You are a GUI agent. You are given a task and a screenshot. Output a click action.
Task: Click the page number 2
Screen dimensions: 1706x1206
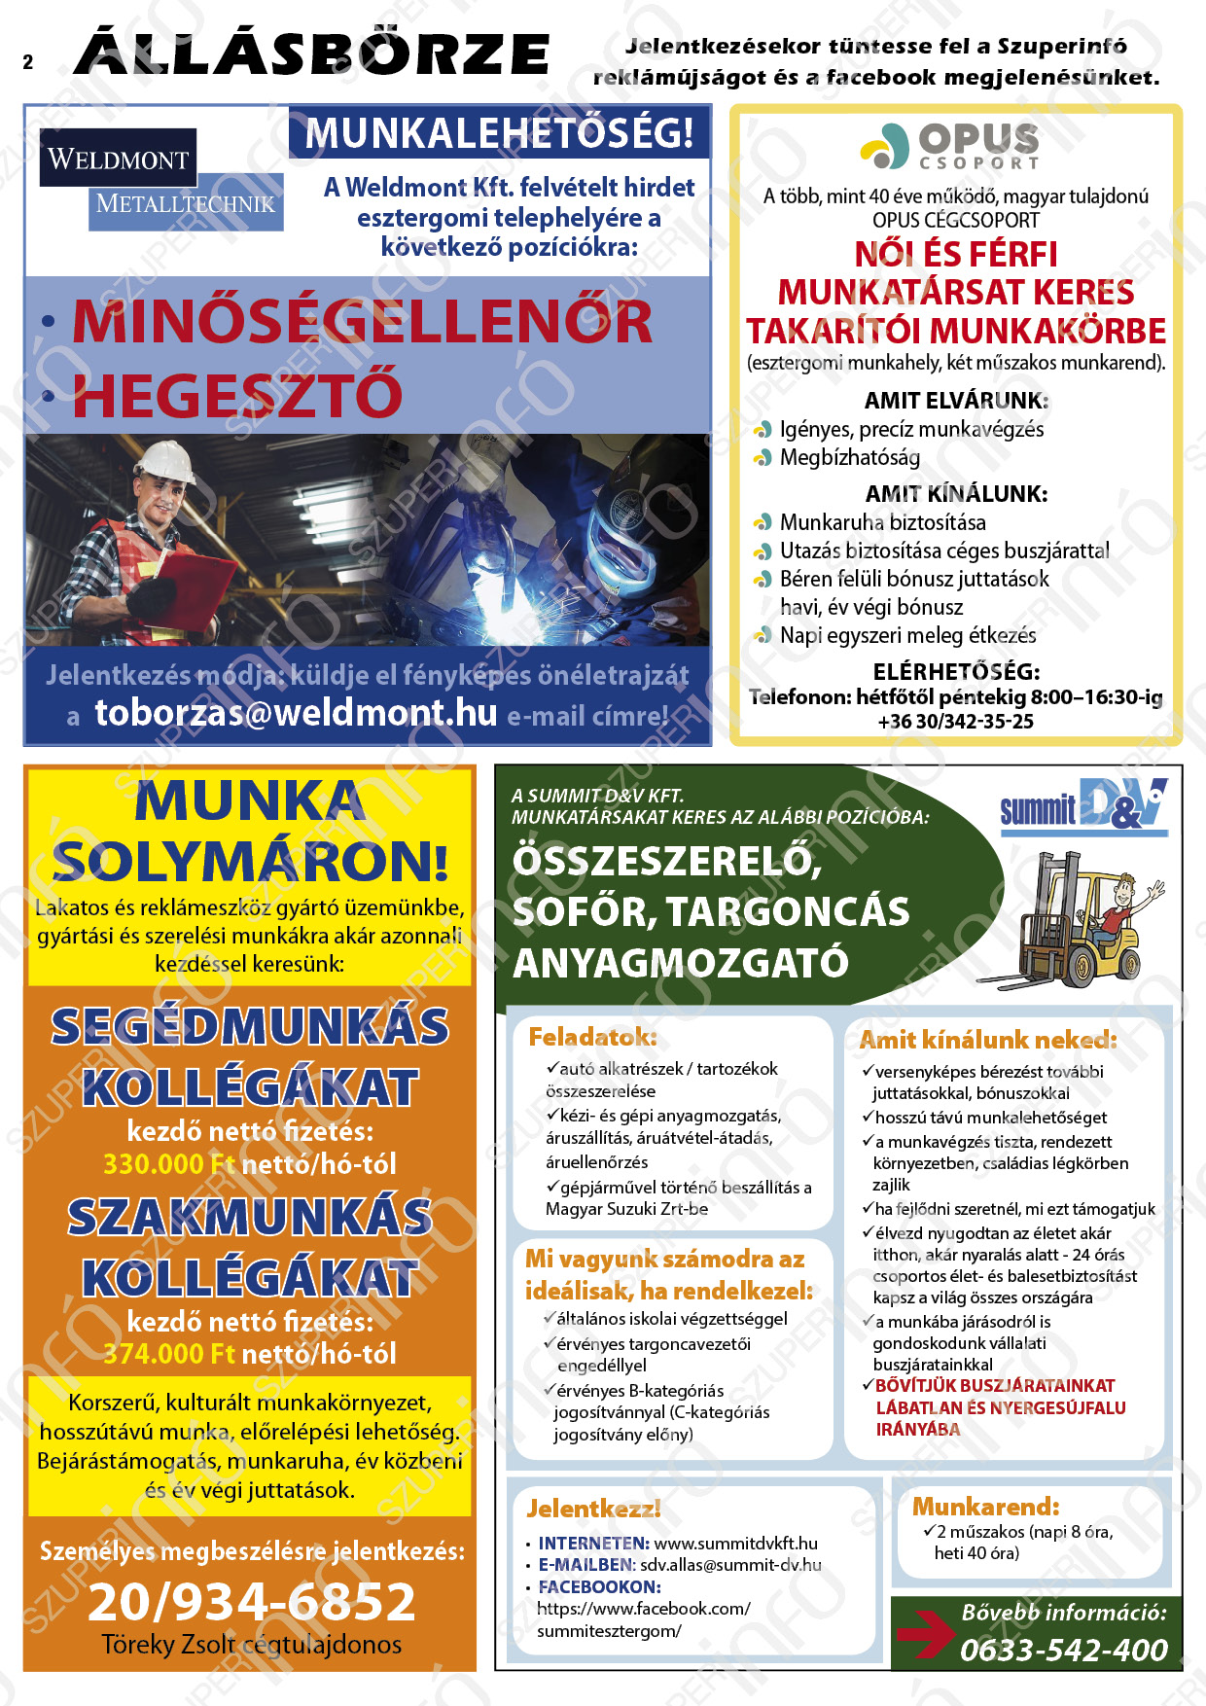[x=28, y=62]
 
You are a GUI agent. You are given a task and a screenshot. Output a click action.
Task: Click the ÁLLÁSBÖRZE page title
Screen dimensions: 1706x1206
[x=311, y=53]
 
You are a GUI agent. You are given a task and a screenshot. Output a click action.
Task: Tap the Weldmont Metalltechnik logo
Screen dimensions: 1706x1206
[x=160, y=180]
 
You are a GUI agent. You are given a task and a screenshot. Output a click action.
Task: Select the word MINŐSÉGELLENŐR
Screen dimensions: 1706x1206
[x=362, y=322]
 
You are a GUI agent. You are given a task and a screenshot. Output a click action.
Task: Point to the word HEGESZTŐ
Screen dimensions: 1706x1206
[x=237, y=395]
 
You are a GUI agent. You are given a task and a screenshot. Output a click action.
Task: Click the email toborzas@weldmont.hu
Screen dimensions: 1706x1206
[x=296, y=713]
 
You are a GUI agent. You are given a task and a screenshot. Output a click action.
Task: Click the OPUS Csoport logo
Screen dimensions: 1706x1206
[x=951, y=147]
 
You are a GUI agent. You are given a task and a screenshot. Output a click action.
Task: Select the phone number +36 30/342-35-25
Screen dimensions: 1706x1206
[x=955, y=722]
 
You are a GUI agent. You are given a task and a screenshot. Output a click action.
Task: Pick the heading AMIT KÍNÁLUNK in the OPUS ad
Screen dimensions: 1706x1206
[x=956, y=494]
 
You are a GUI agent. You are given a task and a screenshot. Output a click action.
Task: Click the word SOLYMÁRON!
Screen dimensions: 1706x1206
[x=250, y=862]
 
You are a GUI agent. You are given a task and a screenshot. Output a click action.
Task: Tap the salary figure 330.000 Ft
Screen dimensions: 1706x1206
[x=169, y=1164]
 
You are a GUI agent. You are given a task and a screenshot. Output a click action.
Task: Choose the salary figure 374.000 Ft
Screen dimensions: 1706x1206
[x=169, y=1354]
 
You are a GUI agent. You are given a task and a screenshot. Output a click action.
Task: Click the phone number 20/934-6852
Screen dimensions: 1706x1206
[x=251, y=1602]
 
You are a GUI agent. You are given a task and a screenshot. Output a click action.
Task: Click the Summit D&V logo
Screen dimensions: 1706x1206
[x=1083, y=805]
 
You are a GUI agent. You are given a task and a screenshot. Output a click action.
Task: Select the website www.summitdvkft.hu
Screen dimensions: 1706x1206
[x=735, y=1544]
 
